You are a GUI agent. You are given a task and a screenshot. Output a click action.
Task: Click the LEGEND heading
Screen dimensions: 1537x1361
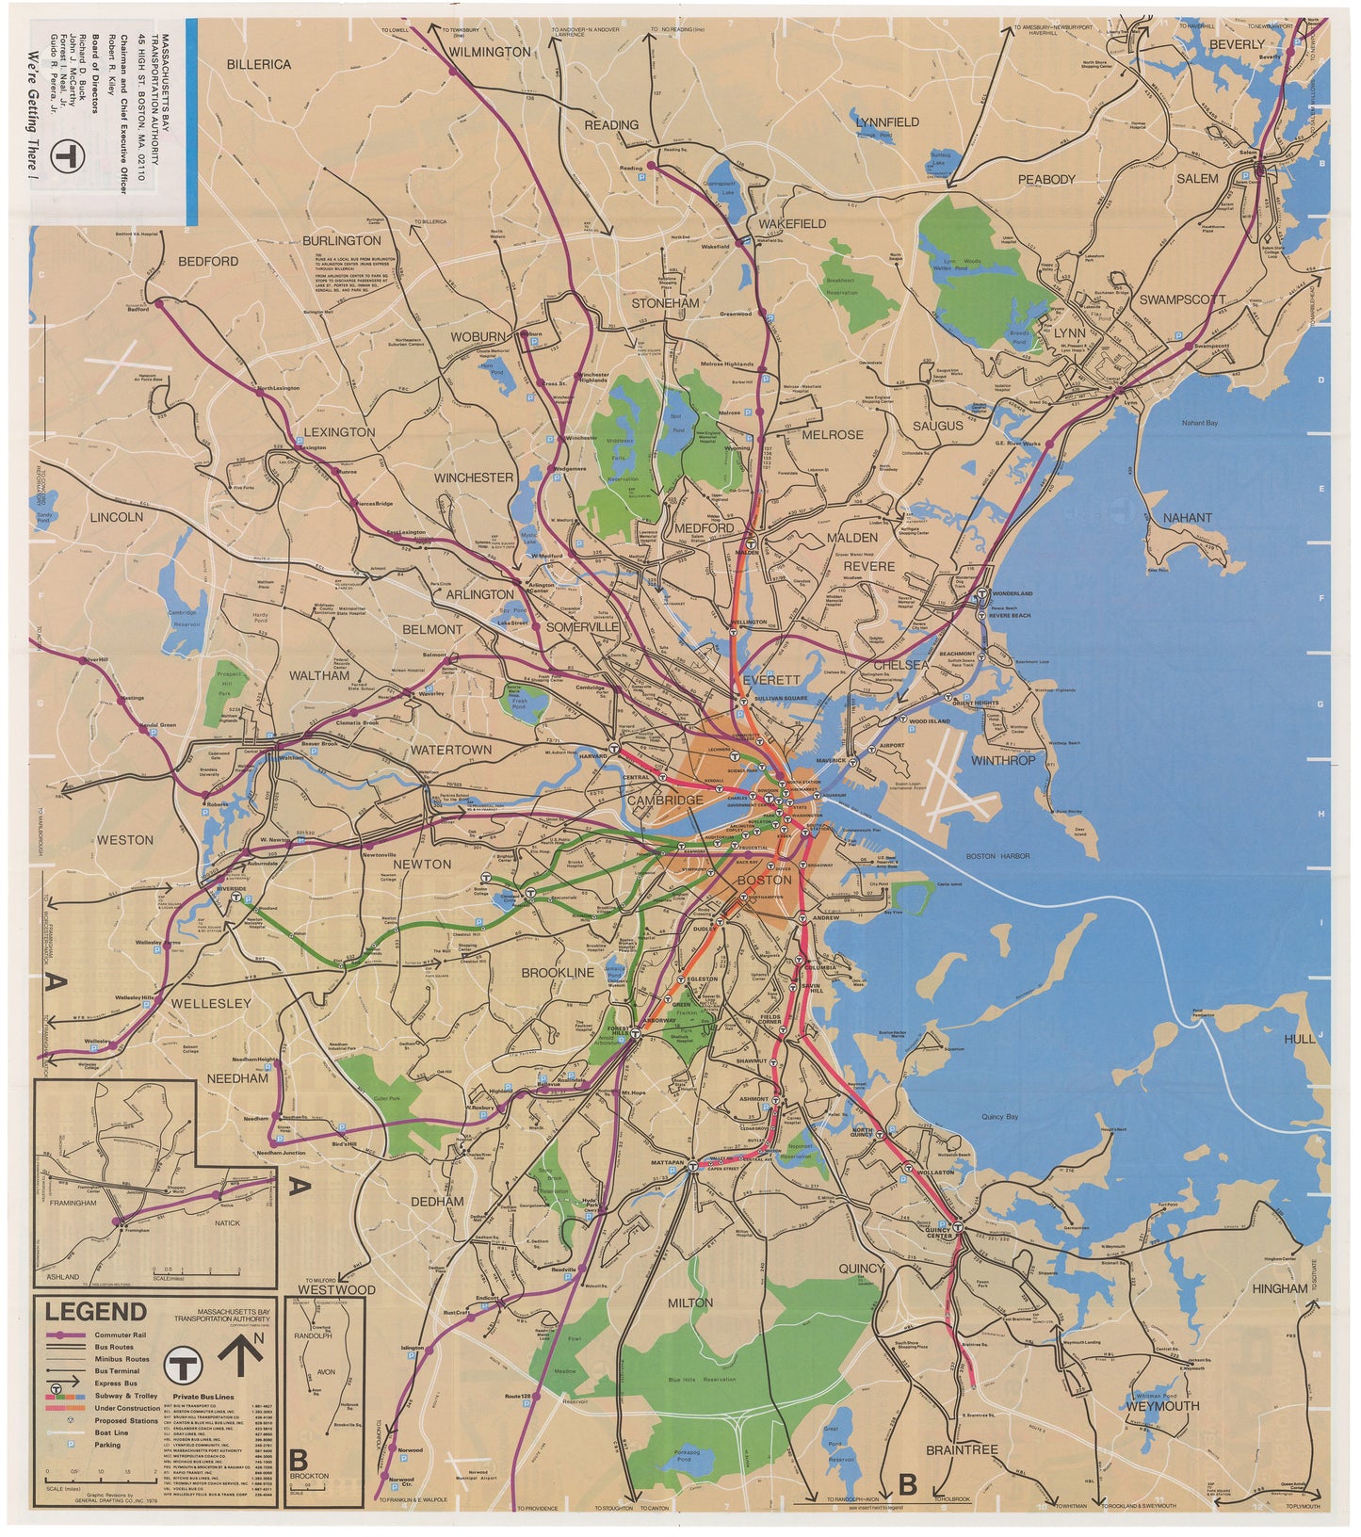pos(91,1312)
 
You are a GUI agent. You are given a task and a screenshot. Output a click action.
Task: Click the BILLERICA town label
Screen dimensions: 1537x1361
pos(258,65)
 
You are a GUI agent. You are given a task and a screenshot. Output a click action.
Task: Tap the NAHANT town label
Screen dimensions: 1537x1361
pos(1187,518)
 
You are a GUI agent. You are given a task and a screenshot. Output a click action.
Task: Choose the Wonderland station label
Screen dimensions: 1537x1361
pos(1012,593)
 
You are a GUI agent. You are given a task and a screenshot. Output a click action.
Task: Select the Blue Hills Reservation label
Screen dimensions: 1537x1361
pos(701,1380)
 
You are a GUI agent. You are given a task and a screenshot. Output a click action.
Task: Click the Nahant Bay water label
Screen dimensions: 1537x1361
pos(1200,423)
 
